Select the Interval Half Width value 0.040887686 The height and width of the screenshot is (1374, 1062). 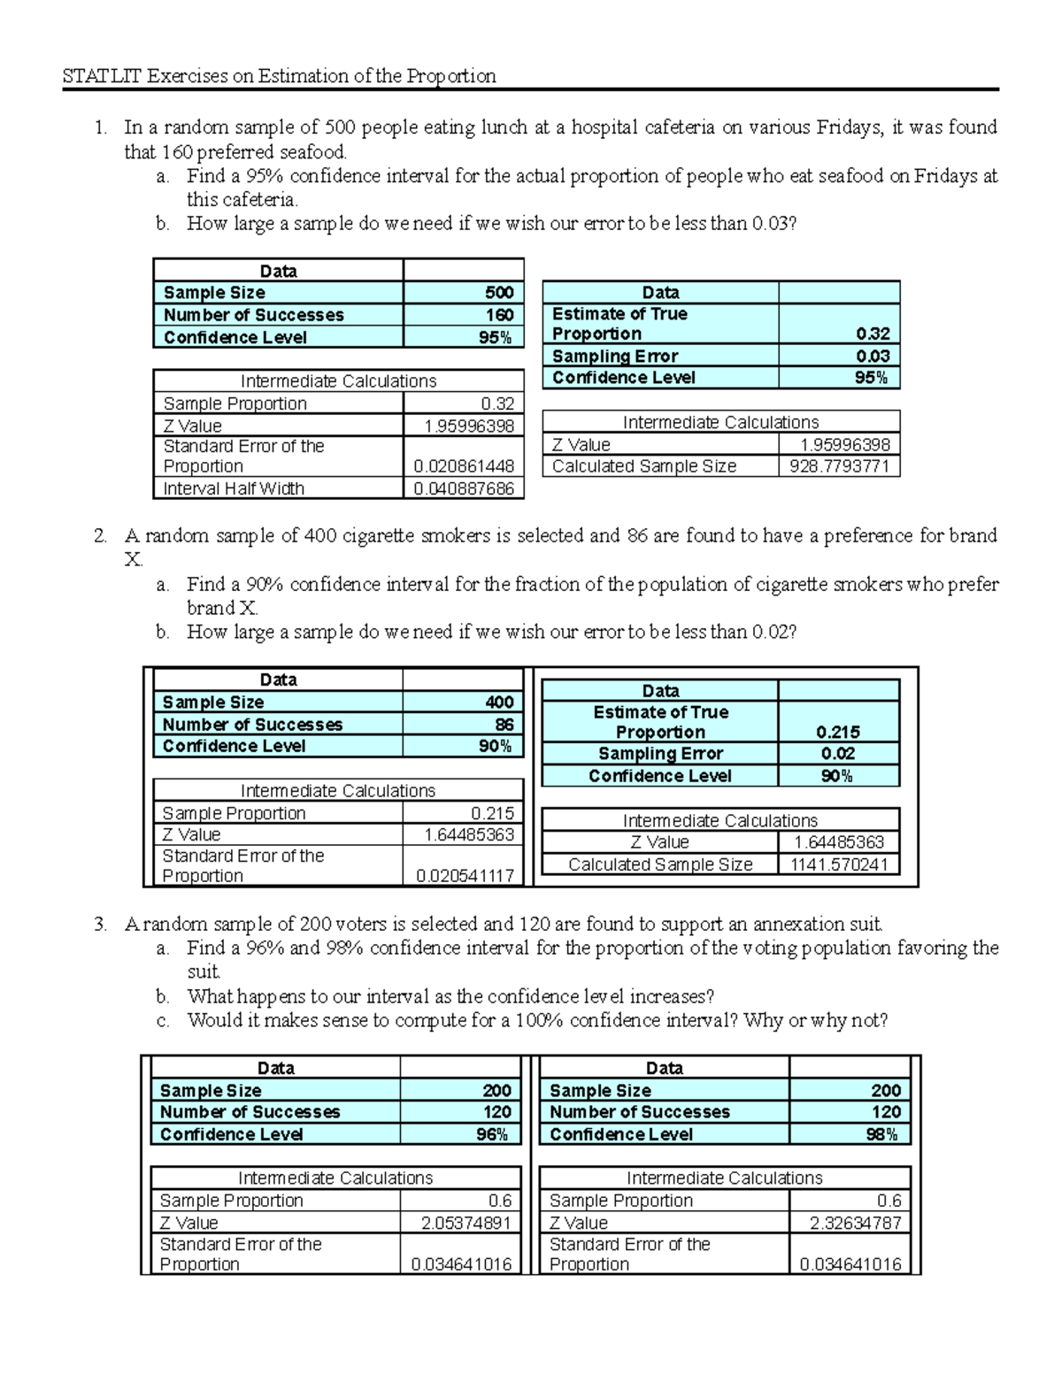coord(464,488)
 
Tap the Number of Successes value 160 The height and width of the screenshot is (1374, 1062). coord(499,315)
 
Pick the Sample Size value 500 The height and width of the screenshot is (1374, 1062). coord(499,293)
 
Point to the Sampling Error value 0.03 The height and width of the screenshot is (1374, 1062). coord(873,356)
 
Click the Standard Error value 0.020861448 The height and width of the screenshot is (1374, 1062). coord(464,466)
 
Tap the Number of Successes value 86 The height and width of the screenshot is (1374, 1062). coord(504,725)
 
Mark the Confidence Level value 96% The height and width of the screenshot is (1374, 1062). coord(492,1134)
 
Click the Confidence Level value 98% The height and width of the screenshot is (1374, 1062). coord(881,1134)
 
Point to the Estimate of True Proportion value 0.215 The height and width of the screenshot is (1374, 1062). coord(837,732)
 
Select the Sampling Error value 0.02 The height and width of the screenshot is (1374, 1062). coord(837,754)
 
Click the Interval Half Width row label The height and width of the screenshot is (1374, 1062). coord(234,488)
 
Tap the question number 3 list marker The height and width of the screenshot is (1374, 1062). coord(100,925)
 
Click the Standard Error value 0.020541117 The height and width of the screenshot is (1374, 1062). coord(465,876)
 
